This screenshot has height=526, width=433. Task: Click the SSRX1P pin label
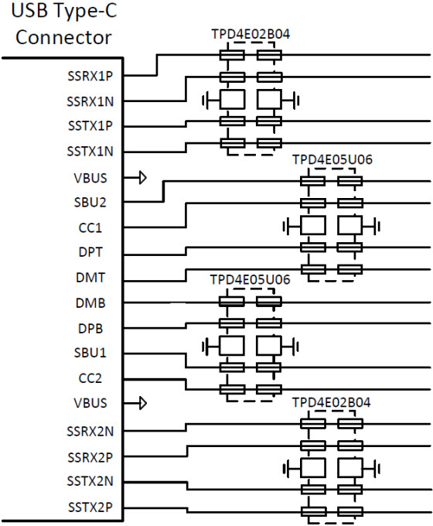click(x=90, y=76)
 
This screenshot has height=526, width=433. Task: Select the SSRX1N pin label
click(x=90, y=101)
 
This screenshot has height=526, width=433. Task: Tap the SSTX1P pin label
click(x=90, y=126)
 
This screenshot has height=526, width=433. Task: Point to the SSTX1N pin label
click(x=90, y=152)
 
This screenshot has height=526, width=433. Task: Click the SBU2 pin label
click(x=90, y=203)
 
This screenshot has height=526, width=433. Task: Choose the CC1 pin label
click(x=90, y=227)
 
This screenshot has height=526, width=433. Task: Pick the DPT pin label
click(x=90, y=252)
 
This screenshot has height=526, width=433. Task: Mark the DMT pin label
click(x=90, y=278)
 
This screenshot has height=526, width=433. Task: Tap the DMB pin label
click(x=90, y=303)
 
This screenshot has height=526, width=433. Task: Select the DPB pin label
click(x=90, y=329)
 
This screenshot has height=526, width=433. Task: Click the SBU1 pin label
click(x=90, y=353)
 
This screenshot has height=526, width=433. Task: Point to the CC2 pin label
click(x=90, y=378)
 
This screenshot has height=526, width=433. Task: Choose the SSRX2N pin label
click(x=90, y=432)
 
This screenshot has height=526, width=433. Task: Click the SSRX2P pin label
click(x=90, y=458)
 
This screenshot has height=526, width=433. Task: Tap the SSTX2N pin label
click(x=90, y=481)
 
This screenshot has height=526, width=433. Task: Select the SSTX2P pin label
click(x=90, y=507)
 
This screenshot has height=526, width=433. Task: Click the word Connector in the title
click(x=63, y=37)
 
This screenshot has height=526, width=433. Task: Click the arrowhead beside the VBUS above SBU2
click(x=143, y=177)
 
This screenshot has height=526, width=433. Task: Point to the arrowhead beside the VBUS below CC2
click(x=143, y=403)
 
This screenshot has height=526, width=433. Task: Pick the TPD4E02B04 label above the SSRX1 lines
click(x=251, y=34)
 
